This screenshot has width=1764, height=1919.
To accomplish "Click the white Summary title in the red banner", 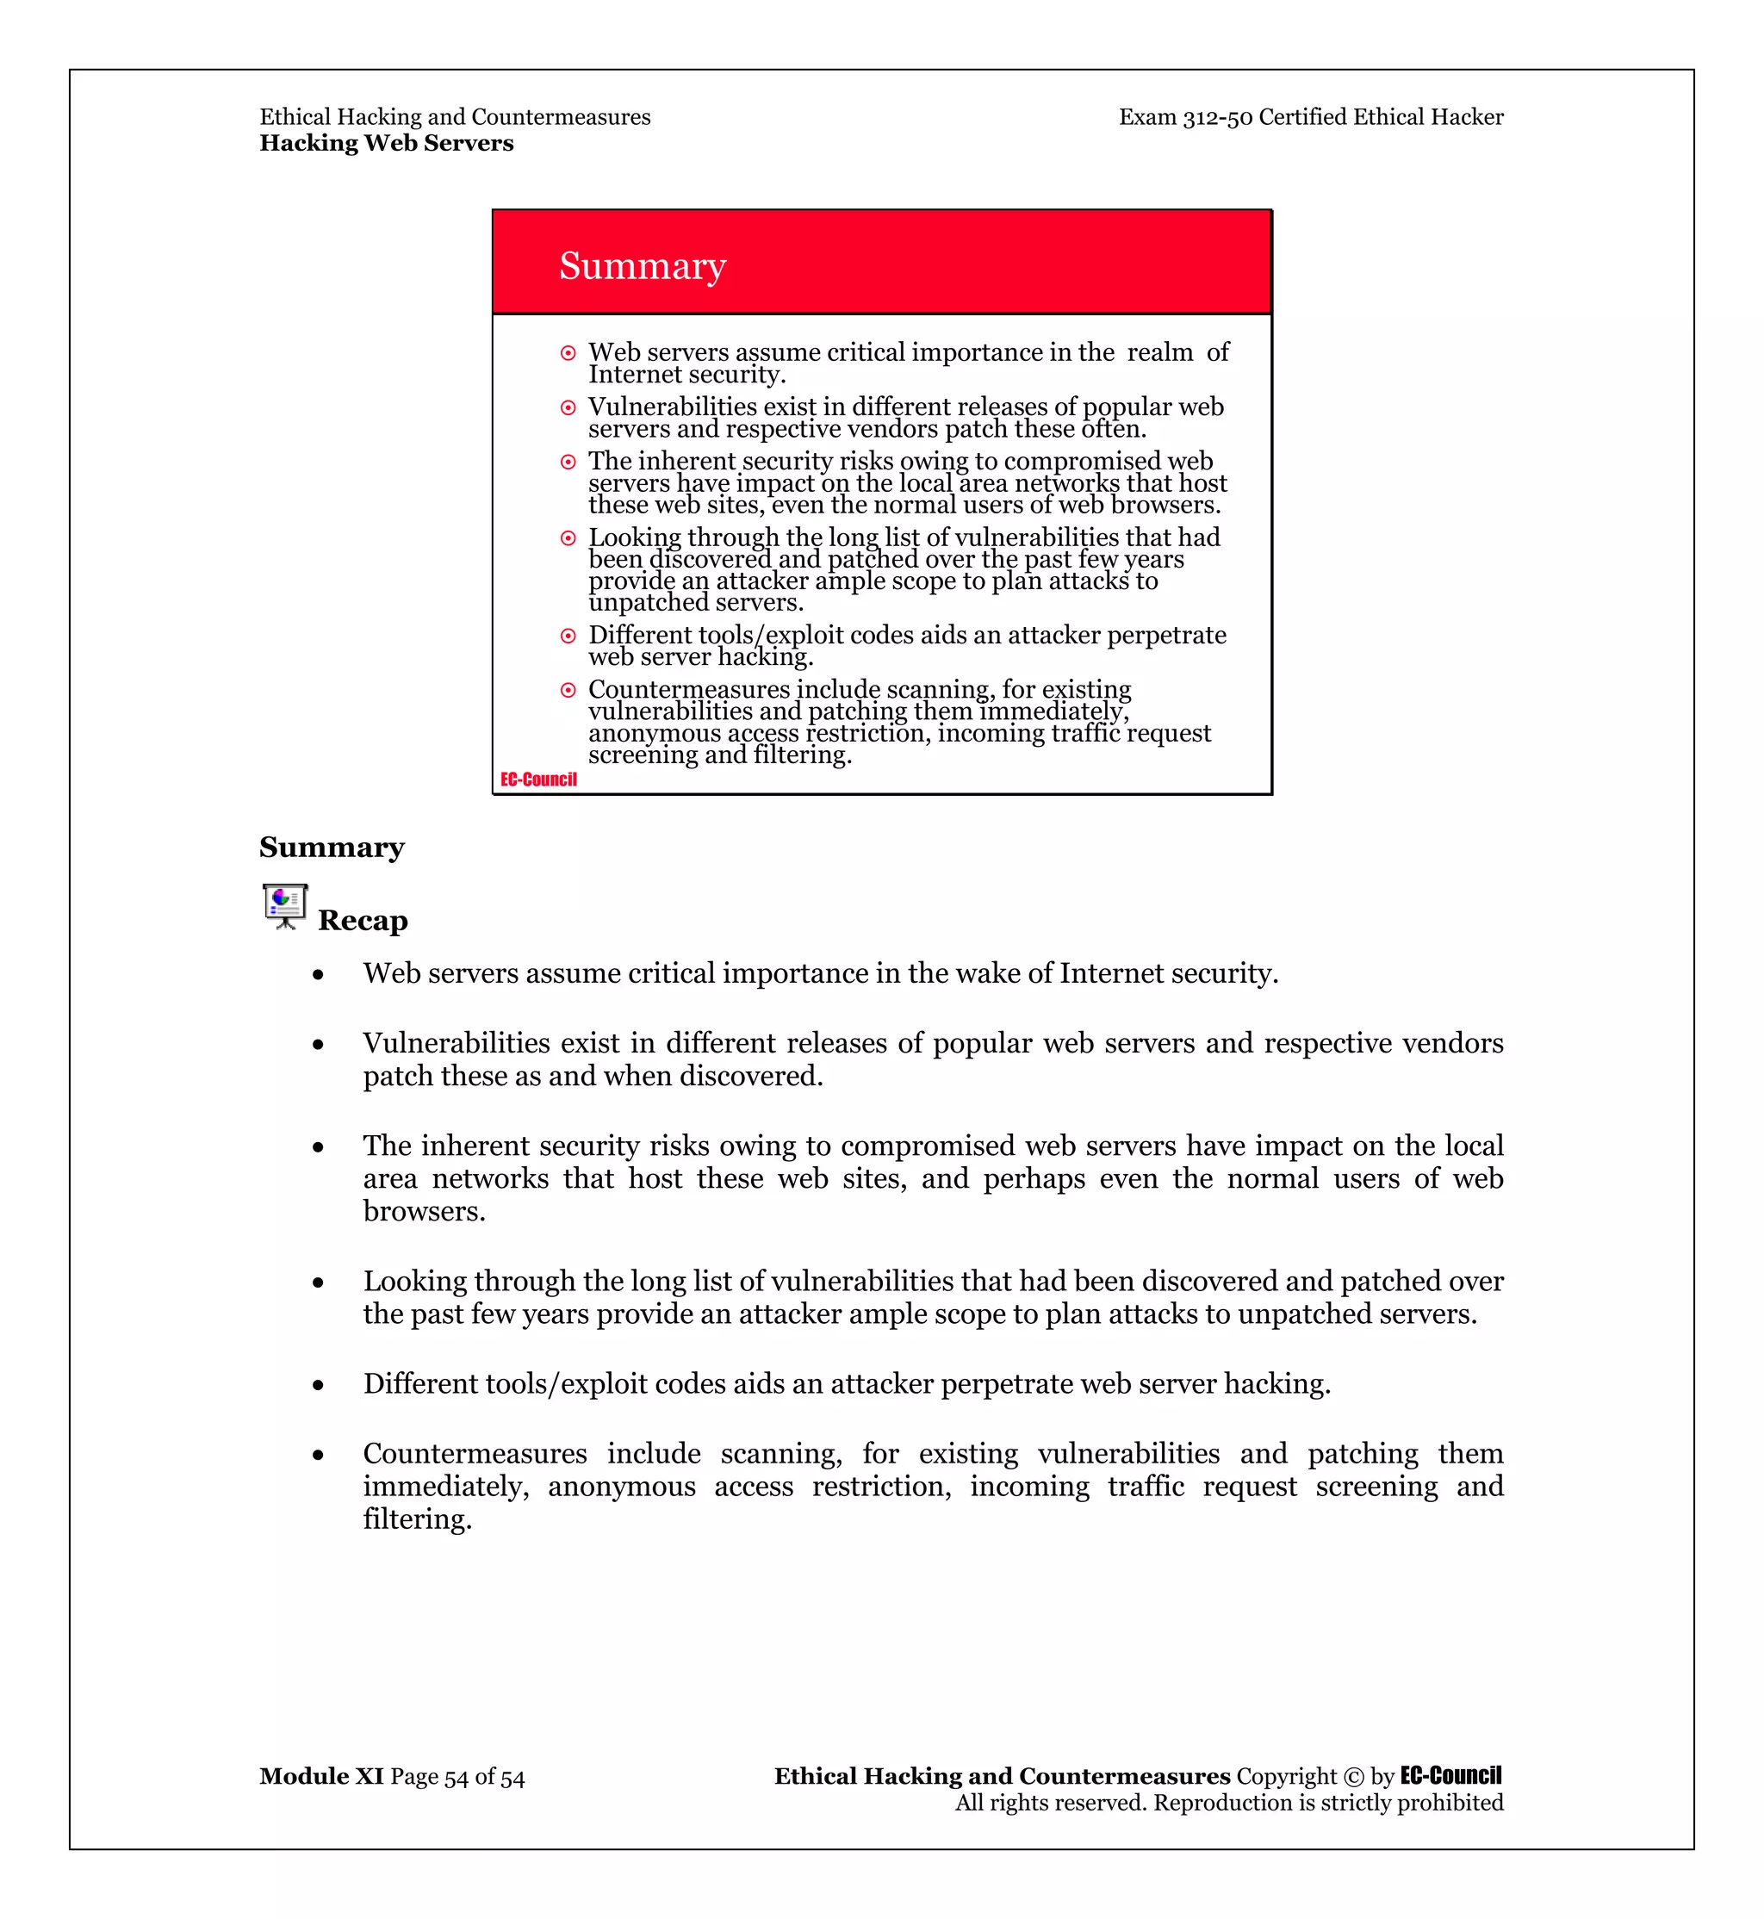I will coord(643,266).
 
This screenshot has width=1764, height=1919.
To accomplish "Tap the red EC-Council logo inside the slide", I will coord(538,780).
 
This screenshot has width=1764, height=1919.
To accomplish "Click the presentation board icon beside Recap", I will coord(284,906).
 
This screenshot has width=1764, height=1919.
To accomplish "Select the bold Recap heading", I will coord(363,921).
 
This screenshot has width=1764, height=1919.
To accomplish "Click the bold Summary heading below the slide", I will coord(332,848).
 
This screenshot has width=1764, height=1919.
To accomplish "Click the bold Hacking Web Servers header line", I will coord(386,143).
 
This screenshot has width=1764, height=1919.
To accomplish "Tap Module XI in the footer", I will coord(320,1776).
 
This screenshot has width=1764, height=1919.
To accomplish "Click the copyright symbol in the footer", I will coord(1353,1777).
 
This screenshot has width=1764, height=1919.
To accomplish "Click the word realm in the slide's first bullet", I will coord(1159,352).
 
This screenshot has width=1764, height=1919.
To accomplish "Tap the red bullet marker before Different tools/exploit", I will coord(568,636).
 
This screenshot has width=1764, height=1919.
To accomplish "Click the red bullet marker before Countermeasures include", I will coord(568,690).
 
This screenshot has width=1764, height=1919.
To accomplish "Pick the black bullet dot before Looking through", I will coord(318,1283).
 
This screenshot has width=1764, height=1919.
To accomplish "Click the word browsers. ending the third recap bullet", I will coord(424,1212).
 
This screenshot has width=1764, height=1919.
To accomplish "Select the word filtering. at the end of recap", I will coord(417,1519).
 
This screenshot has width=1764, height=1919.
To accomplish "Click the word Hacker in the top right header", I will coord(1466,117).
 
